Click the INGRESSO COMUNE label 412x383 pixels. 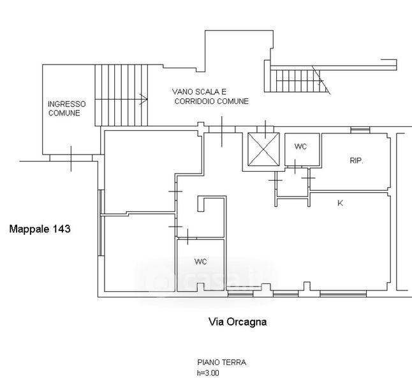pyautogui.click(x=63, y=109)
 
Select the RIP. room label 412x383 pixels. pyautogui.click(x=356, y=161)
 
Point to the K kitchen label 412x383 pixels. pyautogui.click(x=340, y=203)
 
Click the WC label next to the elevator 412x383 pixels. pyautogui.click(x=300, y=147)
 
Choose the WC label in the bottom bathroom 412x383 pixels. pyautogui.click(x=200, y=262)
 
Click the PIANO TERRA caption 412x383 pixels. pyautogui.click(x=221, y=363)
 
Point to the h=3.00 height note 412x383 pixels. pyautogui.click(x=208, y=373)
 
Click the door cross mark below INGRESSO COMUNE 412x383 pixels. pyautogui.click(x=71, y=158)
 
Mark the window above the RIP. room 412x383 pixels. pyautogui.click(x=360, y=130)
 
